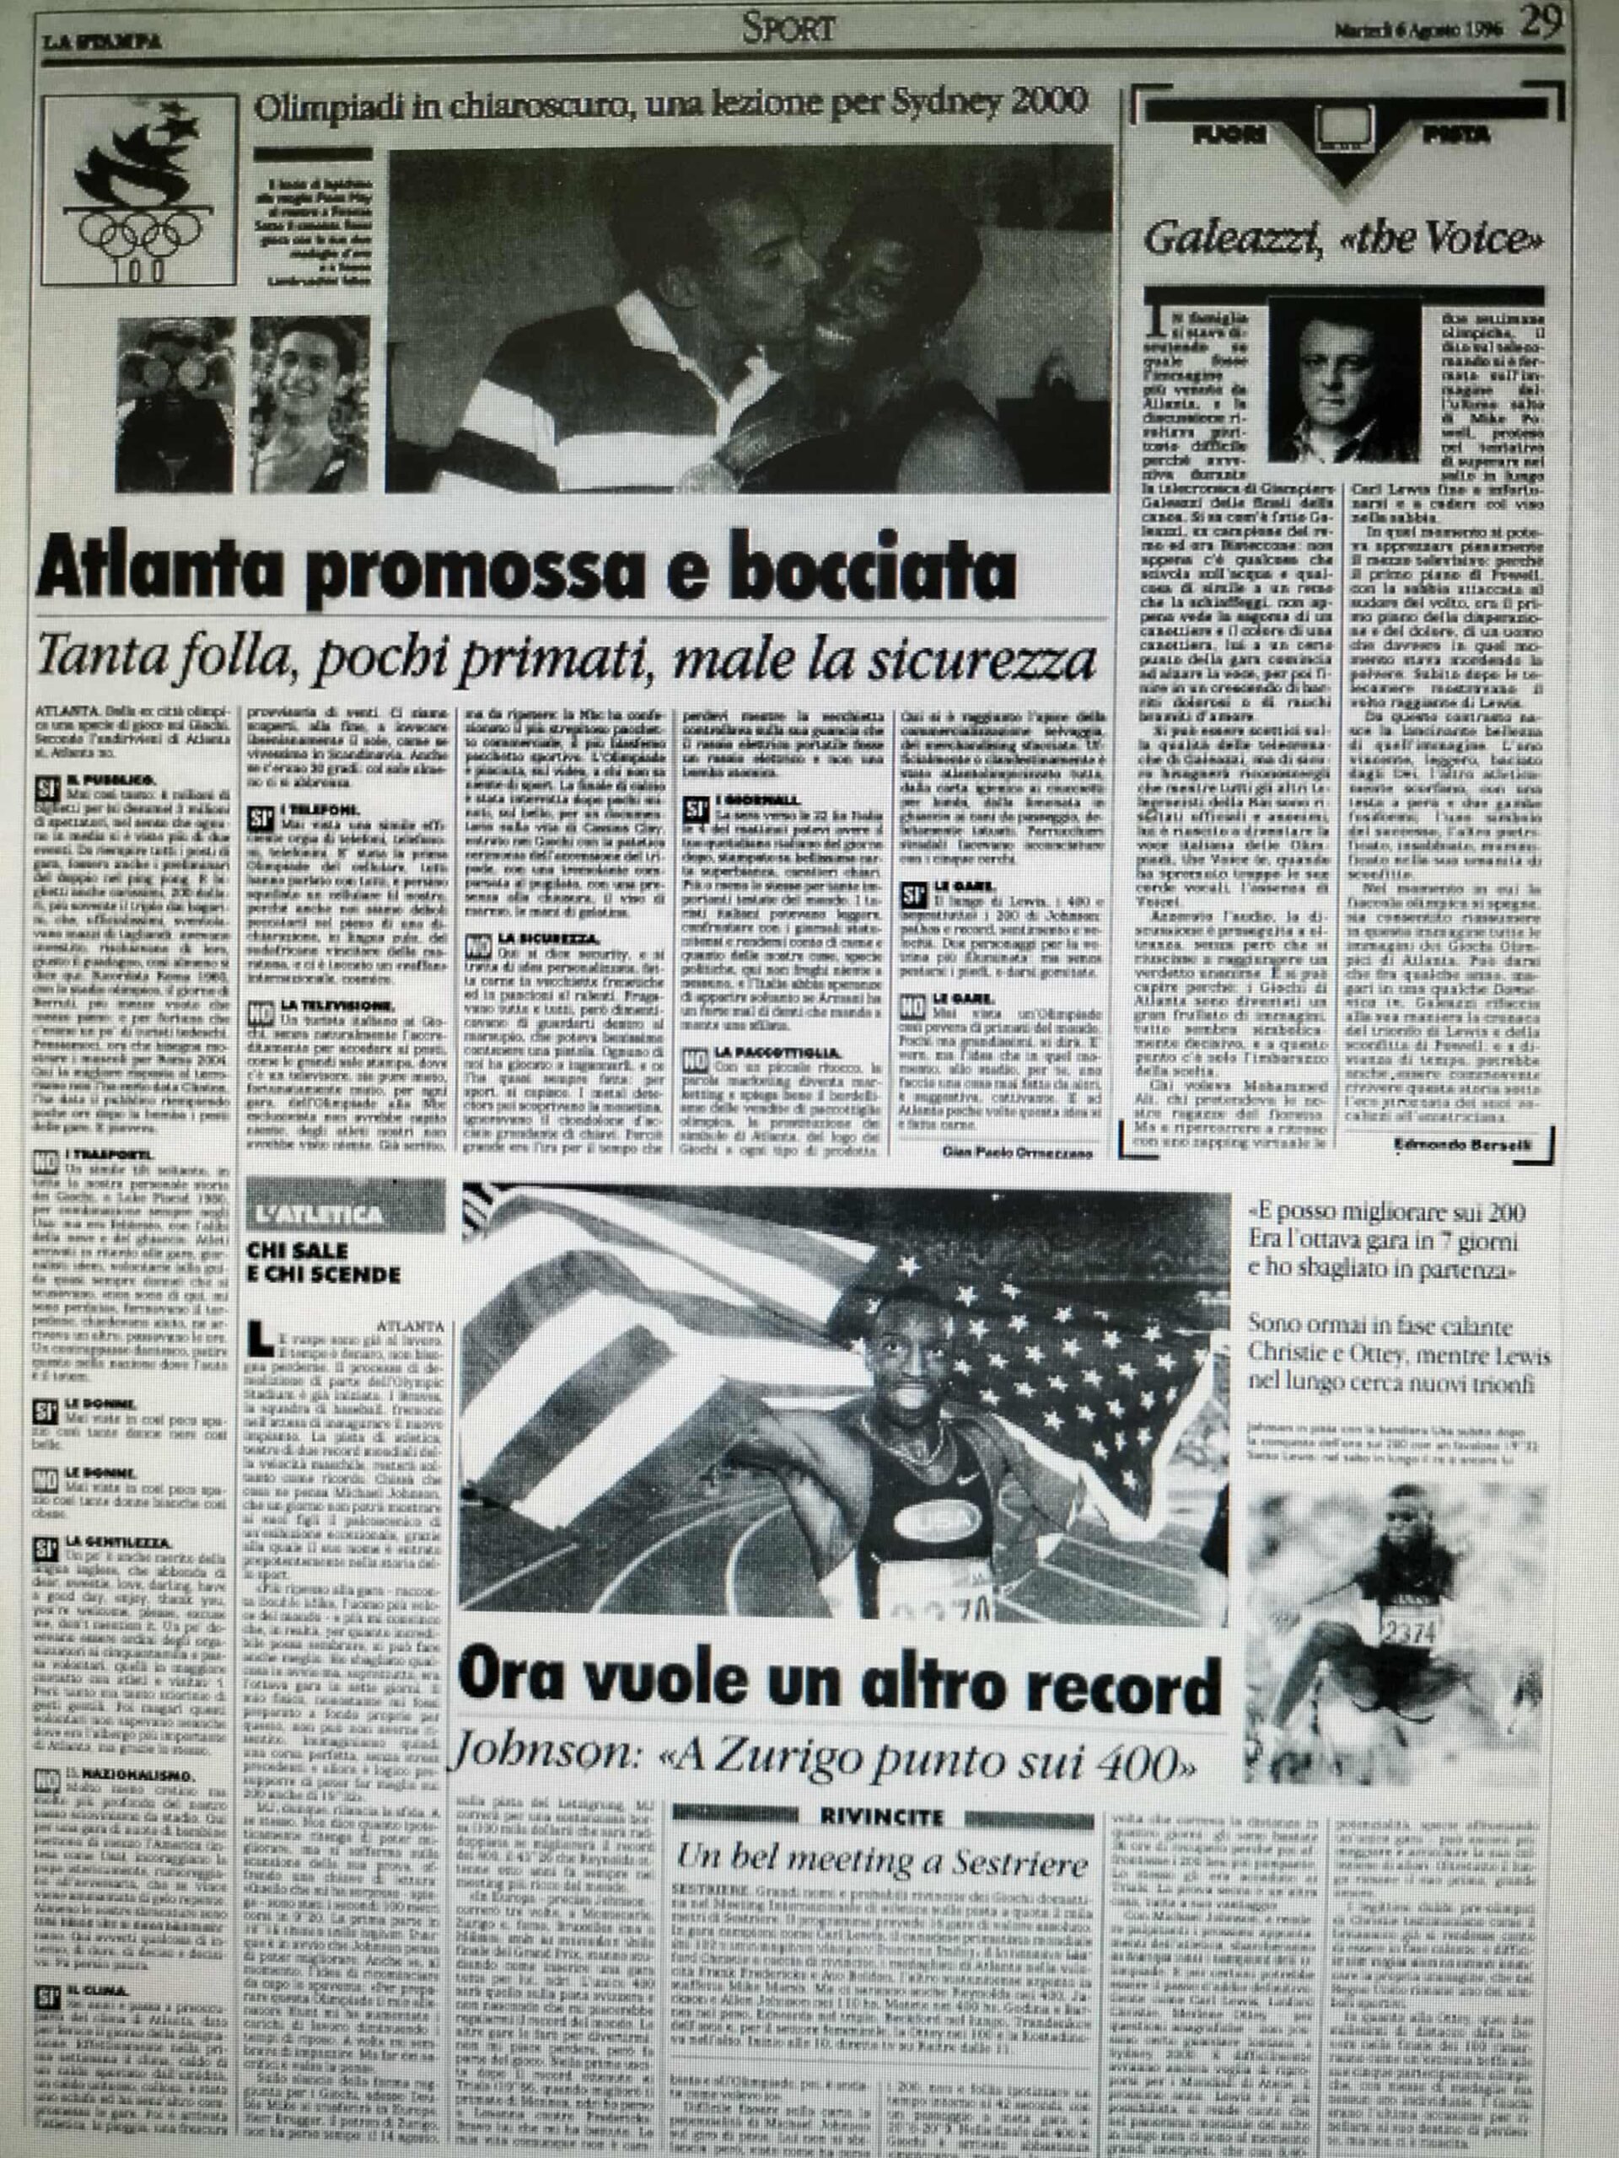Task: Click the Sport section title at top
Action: pos(788,26)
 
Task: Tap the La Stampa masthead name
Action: pos(101,41)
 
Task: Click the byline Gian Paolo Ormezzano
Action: pos(1017,1153)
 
